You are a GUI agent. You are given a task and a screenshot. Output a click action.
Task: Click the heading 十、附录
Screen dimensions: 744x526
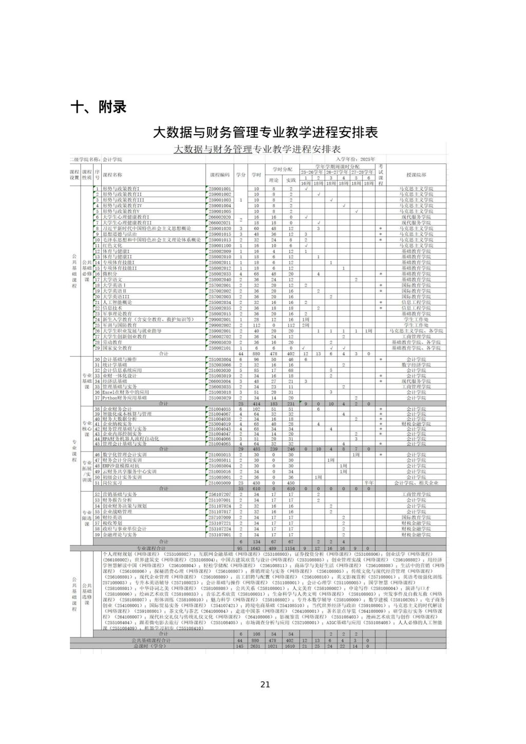pyautogui.click(x=98, y=107)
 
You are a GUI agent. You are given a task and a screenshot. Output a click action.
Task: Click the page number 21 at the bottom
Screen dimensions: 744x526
pyautogui.click(x=265, y=684)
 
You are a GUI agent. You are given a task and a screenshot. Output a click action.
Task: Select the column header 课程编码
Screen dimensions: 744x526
pyautogui.click(x=220, y=175)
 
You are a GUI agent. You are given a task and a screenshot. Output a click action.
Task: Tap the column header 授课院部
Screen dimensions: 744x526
pyautogui.click(x=416, y=175)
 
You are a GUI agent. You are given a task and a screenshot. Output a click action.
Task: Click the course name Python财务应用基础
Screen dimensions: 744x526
pyautogui.click(x=124, y=398)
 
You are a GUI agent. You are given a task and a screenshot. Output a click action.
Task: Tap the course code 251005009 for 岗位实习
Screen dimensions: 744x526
pyautogui.click(x=220, y=483)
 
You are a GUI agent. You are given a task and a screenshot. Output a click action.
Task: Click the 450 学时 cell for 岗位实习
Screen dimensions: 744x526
pyautogui.click(x=256, y=483)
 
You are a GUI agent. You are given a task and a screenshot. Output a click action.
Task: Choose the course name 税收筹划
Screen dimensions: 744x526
pyautogui.click(x=112, y=523)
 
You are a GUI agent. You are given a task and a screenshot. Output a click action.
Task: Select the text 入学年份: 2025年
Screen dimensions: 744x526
pyautogui.click(x=356, y=159)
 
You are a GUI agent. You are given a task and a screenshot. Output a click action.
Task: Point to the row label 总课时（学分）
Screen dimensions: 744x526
pyautogui.click(x=151, y=646)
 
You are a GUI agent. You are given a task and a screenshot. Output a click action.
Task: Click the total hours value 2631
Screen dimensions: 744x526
pyautogui.click(x=256, y=646)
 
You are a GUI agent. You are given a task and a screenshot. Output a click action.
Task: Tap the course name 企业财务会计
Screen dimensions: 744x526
pyautogui.click(x=117, y=409)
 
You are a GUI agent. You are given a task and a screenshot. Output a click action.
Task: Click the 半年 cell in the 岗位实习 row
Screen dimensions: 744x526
pyautogui.click(x=368, y=483)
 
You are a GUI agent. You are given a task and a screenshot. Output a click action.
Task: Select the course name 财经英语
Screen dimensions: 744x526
pyautogui.click(x=112, y=517)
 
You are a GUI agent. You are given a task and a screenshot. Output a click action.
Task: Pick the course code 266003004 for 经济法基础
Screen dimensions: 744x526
pyautogui.click(x=220, y=381)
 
